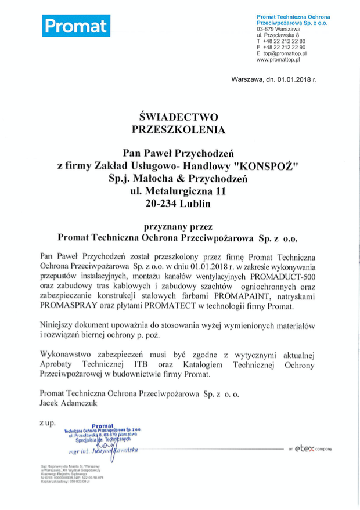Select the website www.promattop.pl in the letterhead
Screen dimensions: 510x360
coord(278,59)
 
